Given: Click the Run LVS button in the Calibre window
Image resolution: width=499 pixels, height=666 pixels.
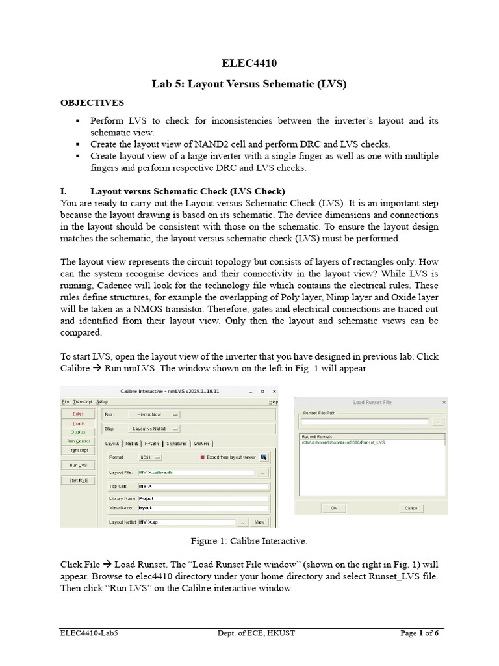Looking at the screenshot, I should pyautogui.click(x=79, y=465).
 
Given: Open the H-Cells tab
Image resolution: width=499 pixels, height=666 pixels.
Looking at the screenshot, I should pyautogui.click(x=153, y=444).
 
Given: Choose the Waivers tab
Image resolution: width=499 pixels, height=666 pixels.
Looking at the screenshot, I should pyautogui.click(x=201, y=444).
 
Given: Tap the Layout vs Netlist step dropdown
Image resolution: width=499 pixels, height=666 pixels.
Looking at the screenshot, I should pyautogui.click(x=156, y=428).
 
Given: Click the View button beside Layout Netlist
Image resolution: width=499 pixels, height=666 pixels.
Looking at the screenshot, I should pyautogui.click(x=259, y=522).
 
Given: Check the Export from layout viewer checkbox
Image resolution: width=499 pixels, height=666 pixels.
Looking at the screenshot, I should pyautogui.click(x=202, y=457).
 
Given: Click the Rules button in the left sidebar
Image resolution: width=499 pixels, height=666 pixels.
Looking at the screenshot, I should pyautogui.click(x=79, y=413).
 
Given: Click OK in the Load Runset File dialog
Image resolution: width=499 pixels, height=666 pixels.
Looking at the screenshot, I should pyautogui.click(x=333, y=507).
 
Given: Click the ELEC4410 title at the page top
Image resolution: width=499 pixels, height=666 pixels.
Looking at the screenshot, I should pyautogui.click(x=249, y=63).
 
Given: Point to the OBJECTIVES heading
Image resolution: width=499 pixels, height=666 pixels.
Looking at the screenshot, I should pyautogui.click(x=92, y=103).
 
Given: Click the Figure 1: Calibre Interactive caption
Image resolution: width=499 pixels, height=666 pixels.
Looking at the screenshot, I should pyautogui.click(x=249, y=541).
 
